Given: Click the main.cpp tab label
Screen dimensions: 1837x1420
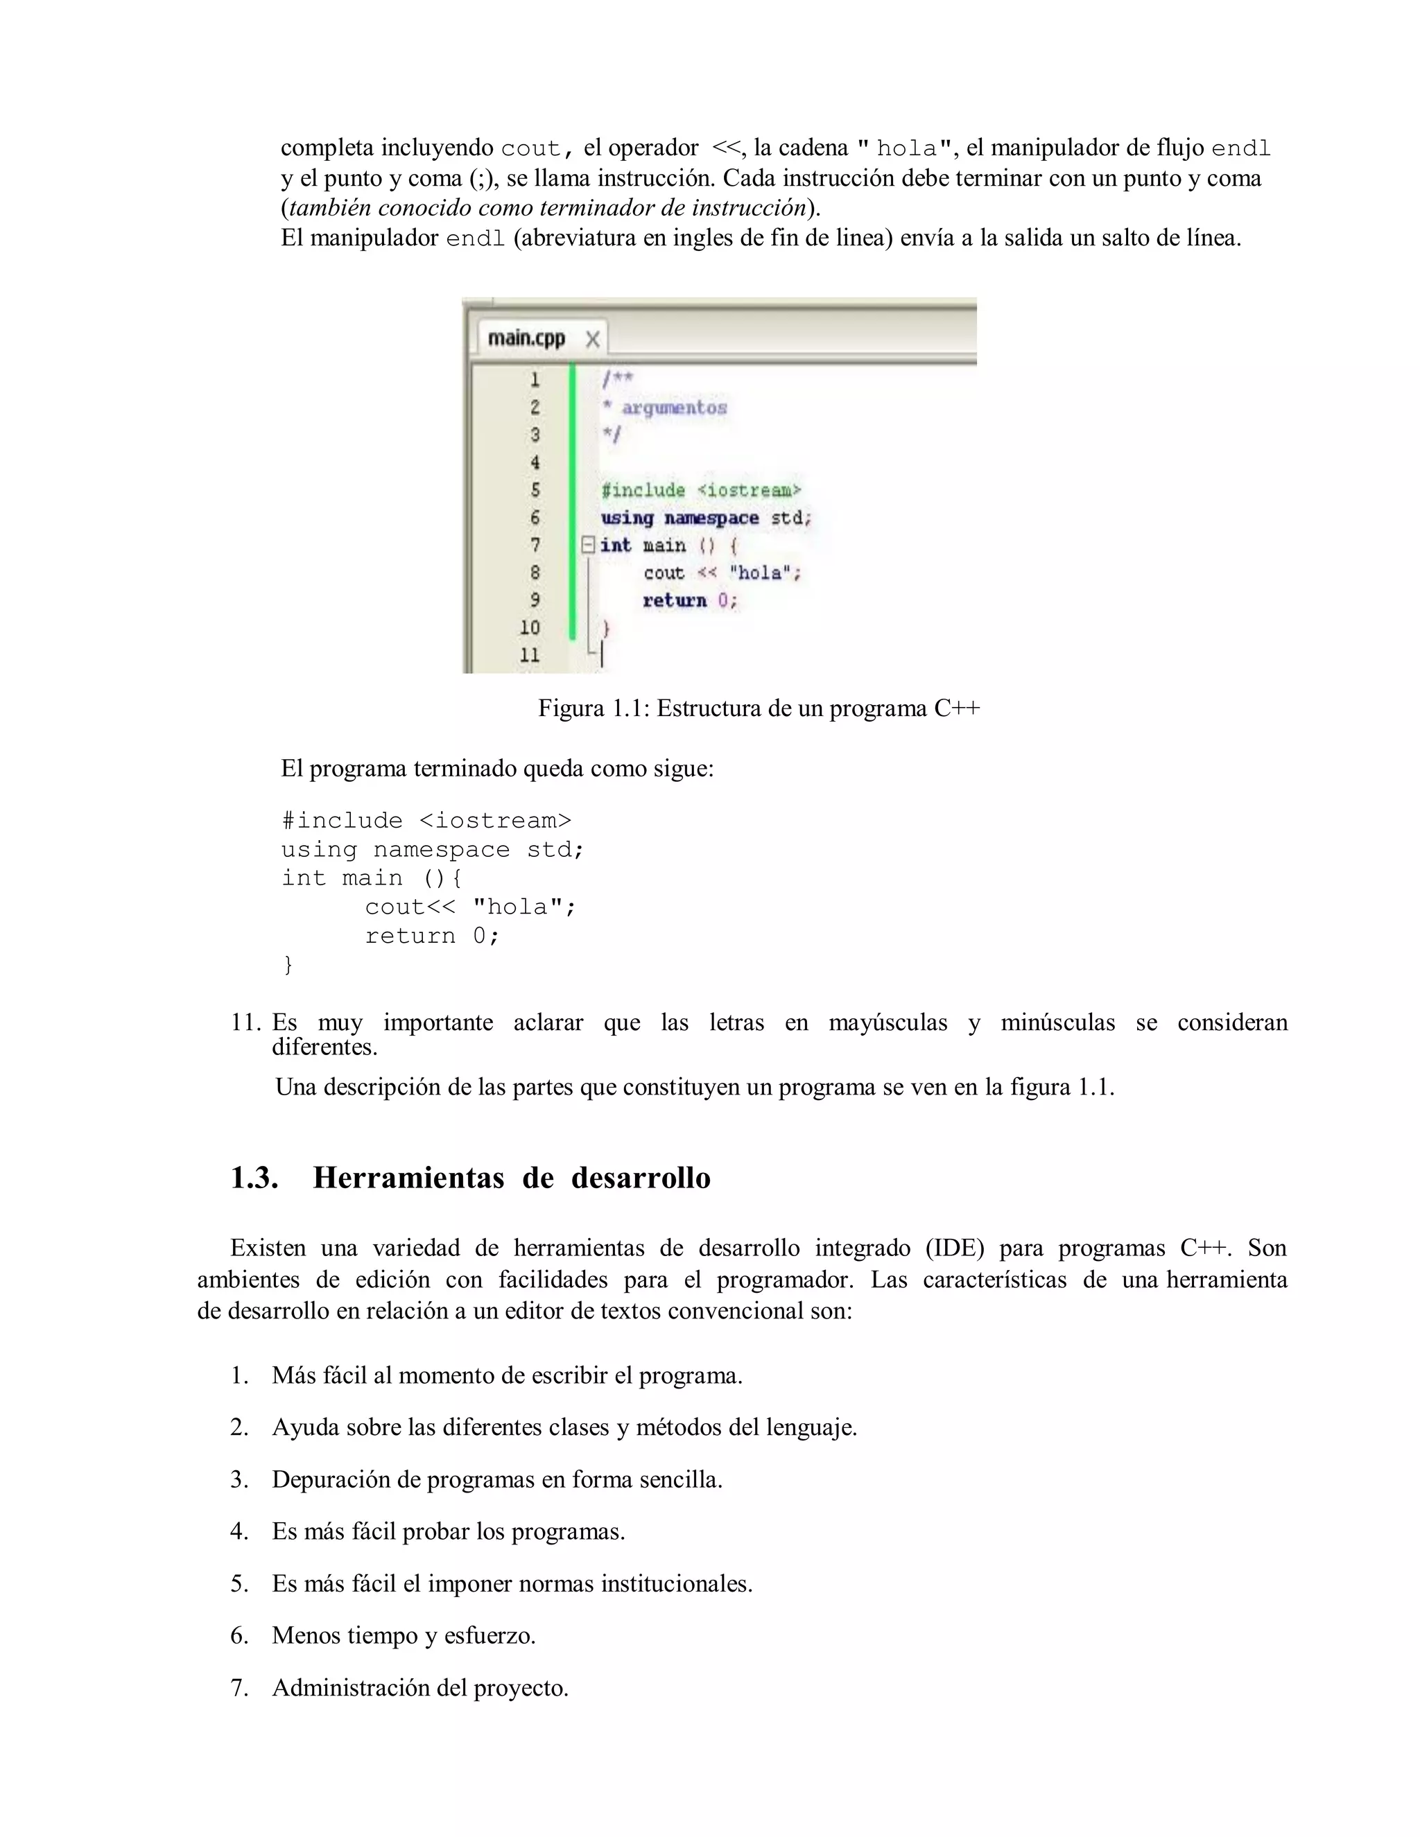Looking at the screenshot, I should click(526, 338).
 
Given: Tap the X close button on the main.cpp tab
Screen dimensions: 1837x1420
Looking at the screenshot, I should click(592, 339).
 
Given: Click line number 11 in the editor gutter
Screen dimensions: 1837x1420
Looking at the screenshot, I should click(529, 654).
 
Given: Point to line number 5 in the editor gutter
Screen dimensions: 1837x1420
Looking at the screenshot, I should click(534, 489).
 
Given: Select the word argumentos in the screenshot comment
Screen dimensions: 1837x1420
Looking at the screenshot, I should click(674, 408).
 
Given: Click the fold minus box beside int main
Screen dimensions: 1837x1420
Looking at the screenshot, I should click(588, 545).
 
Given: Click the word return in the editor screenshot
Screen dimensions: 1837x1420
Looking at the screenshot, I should click(674, 600).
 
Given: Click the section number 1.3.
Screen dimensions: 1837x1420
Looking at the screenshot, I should click(254, 1178).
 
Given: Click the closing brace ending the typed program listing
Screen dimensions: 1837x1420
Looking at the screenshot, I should click(288, 964).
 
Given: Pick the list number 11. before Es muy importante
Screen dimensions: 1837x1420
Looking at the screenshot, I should click(245, 1022).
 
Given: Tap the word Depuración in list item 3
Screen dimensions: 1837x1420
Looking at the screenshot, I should click(333, 1479).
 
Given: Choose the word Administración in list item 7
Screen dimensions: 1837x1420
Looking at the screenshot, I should click(352, 1688).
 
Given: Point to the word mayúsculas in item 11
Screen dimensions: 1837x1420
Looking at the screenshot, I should click(887, 1022).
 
